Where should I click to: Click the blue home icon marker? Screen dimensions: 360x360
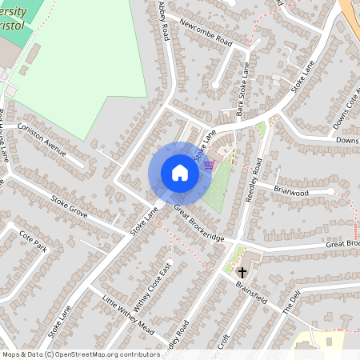[180, 173]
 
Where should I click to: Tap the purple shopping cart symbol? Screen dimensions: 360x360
[209, 165]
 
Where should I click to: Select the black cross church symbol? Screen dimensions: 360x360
[242, 272]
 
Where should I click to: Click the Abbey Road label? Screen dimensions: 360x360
[165, 21]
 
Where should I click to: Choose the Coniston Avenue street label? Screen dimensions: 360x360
[42, 135]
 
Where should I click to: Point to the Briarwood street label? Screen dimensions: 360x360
[290, 192]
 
